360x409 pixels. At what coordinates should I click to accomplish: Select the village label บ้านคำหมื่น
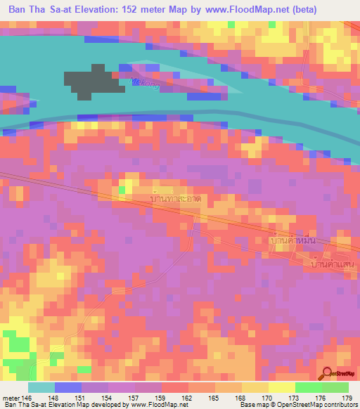point(295,240)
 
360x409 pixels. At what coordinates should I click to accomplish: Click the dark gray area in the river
point(95,84)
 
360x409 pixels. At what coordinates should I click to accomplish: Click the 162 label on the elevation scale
point(187,398)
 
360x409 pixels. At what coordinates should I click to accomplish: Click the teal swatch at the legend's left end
point(41,387)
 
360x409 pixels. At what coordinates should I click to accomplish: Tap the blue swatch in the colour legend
point(67,387)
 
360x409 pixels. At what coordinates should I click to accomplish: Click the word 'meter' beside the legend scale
point(11,398)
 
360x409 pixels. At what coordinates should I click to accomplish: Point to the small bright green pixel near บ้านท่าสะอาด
point(122,189)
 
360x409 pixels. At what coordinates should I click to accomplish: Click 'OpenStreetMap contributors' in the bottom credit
point(323,405)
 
